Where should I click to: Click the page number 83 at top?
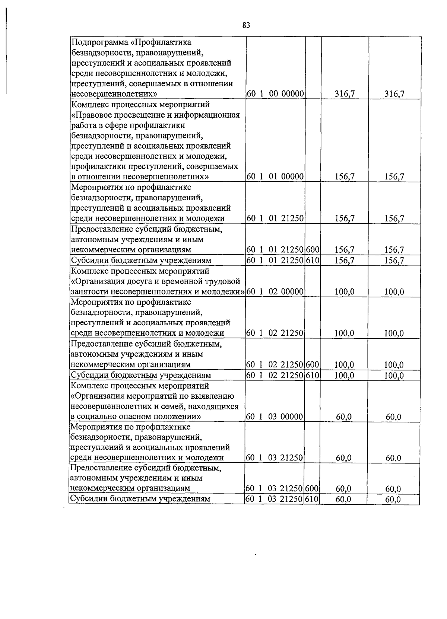click(246, 25)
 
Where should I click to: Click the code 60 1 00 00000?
click(276, 93)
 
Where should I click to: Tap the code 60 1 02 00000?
click(276, 291)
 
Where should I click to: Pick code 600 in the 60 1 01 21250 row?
click(313, 250)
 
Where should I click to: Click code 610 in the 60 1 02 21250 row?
click(313, 375)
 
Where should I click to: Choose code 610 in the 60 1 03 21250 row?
click(312, 499)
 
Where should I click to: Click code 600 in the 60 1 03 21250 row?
click(312, 488)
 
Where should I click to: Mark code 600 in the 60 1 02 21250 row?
click(313, 365)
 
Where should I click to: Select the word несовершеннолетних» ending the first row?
click(114, 93)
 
